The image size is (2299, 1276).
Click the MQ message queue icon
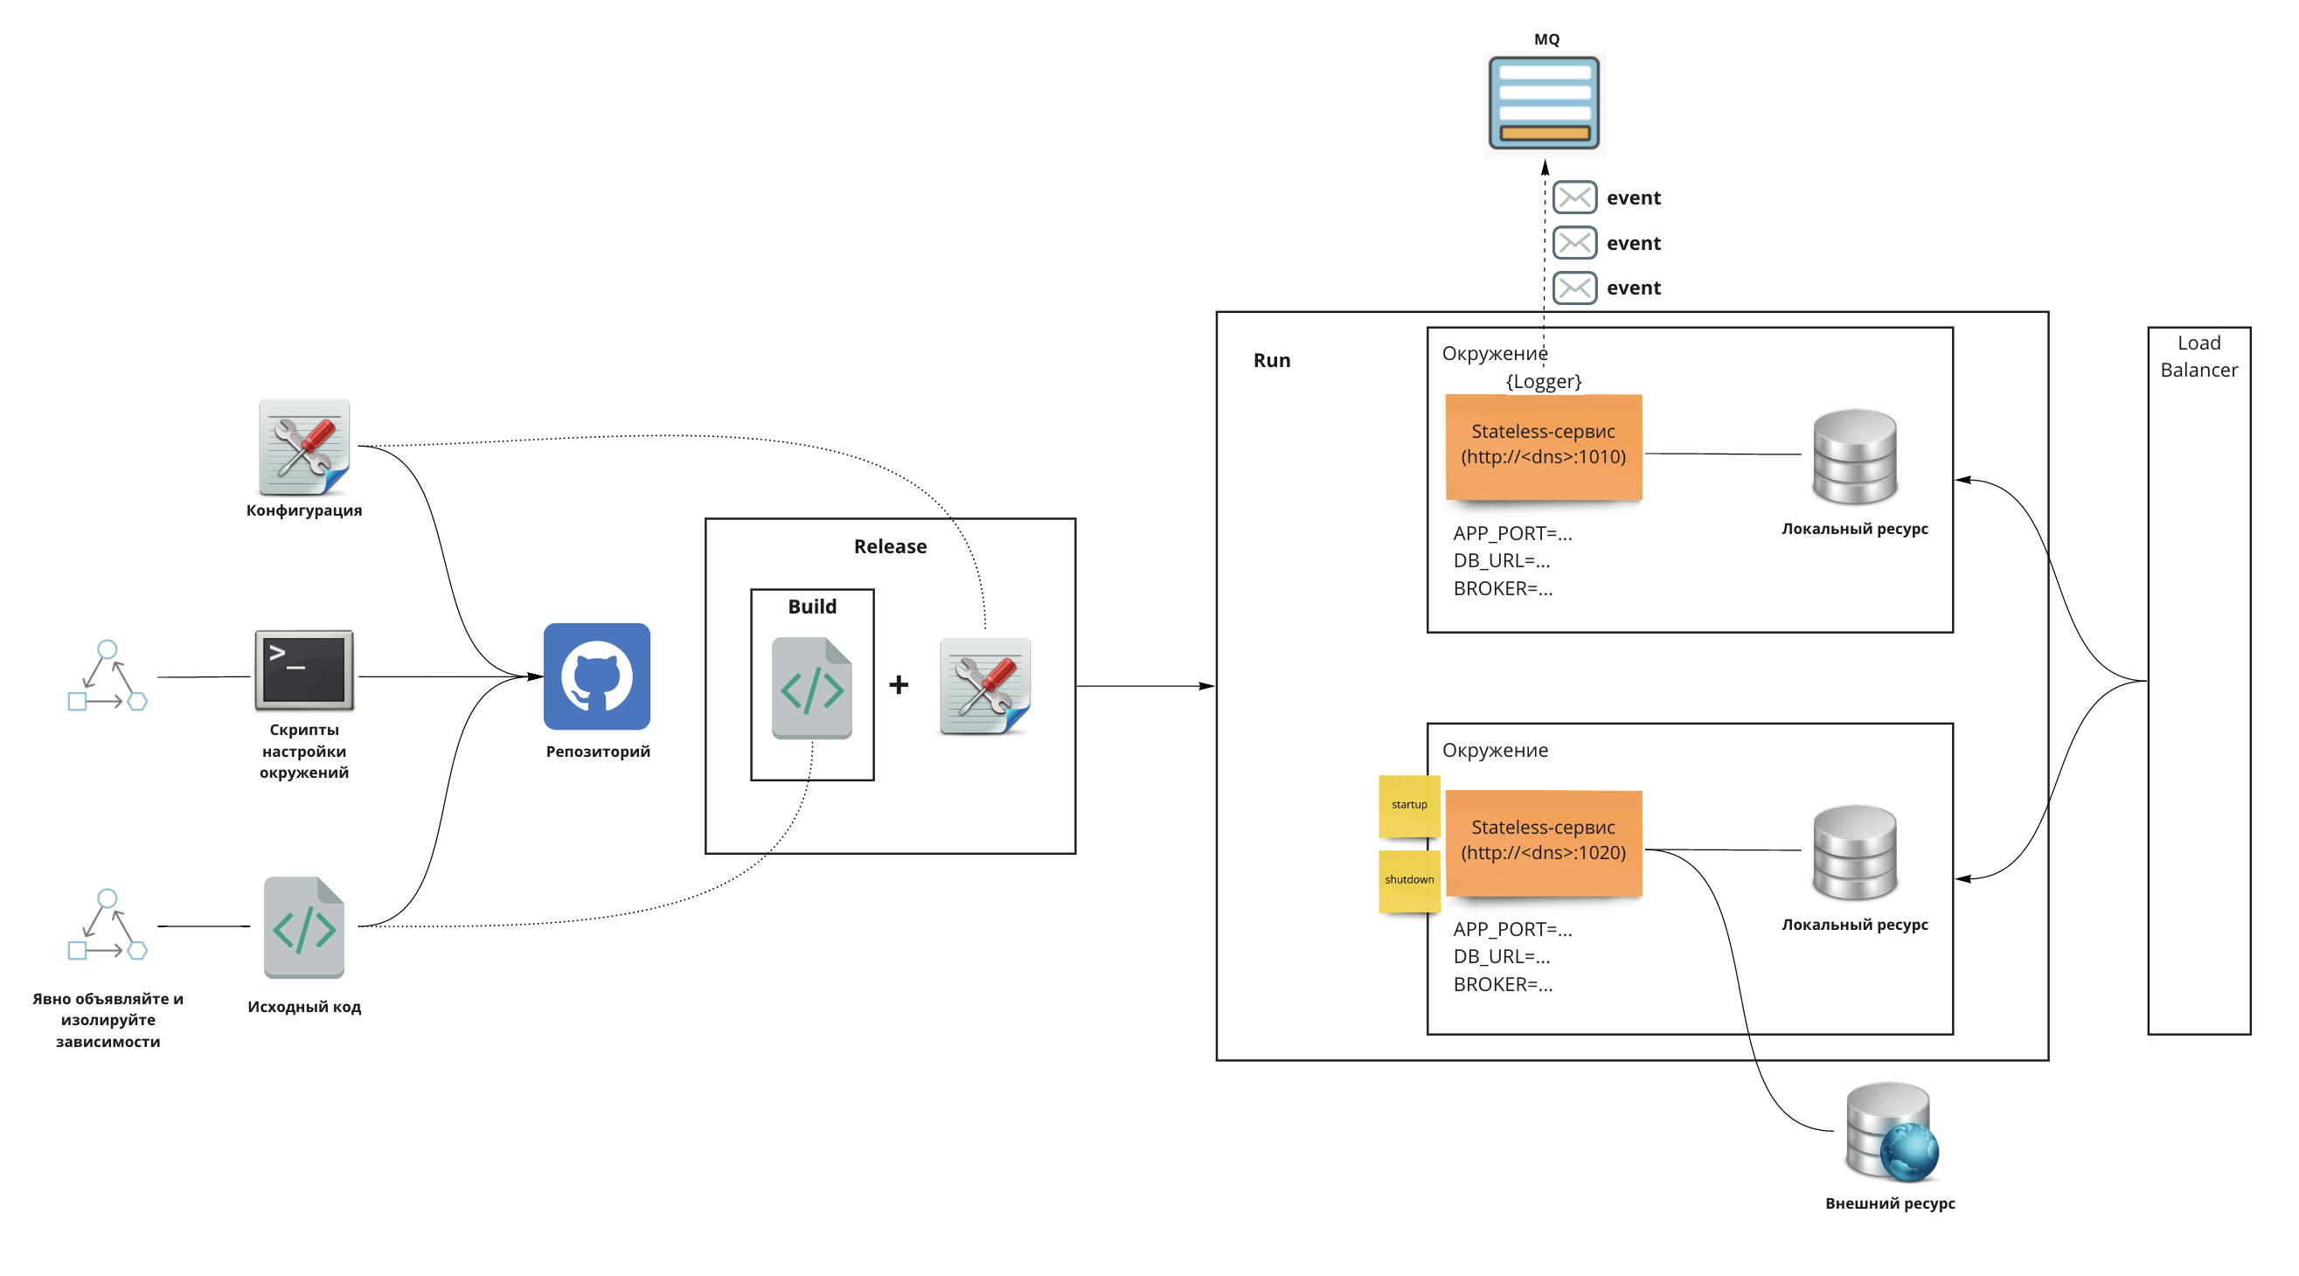(x=1544, y=102)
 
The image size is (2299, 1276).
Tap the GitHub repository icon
(x=597, y=676)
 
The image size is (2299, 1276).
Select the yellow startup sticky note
(x=1409, y=805)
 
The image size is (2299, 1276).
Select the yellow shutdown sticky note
(x=1409, y=880)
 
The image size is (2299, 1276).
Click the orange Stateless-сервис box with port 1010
(x=1543, y=445)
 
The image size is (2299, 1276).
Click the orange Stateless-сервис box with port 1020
(x=1543, y=842)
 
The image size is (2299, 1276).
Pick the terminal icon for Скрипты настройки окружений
(x=304, y=669)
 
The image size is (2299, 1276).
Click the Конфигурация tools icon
(x=304, y=446)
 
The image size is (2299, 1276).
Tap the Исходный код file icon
(x=304, y=927)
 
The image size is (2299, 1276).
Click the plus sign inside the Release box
(x=899, y=684)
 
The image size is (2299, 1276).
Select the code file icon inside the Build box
(x=811, y=687)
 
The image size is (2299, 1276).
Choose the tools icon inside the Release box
(x=985, y=685)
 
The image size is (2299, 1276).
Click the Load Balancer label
(x=2198, y=356)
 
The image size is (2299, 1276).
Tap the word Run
(x=1271, y=360)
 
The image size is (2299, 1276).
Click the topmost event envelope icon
(x=1574, y=198)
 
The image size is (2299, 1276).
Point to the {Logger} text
(x=1543, y=382)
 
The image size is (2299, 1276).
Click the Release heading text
(x=890, y=546)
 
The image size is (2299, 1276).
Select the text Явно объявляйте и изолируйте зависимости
(x=108, y=1019)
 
